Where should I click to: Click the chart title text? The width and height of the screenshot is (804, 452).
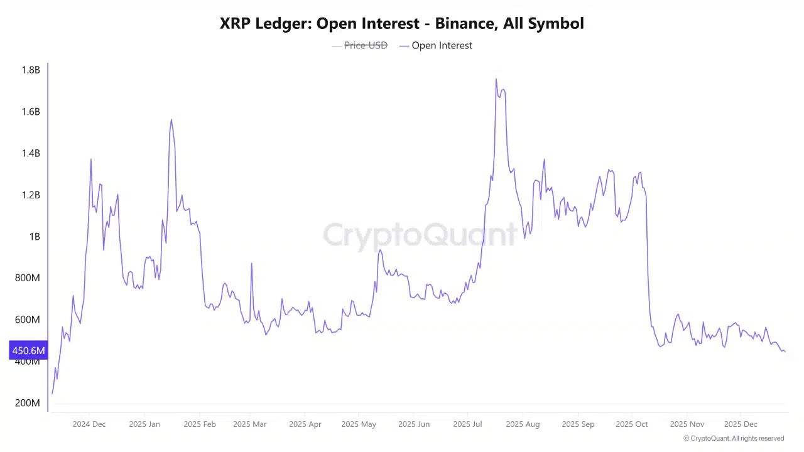(402, 24)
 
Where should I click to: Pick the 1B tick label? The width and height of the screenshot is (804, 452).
(34, 237)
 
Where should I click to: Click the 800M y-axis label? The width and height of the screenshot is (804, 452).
(28, 278)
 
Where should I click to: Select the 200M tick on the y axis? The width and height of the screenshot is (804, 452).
(28, 403)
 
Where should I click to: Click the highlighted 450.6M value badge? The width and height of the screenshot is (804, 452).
(28, 350)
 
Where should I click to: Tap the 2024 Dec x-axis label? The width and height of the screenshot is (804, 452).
(89, 424)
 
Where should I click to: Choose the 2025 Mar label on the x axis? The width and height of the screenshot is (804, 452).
(250, 424)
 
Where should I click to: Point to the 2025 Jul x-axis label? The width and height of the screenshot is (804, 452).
(468, 424)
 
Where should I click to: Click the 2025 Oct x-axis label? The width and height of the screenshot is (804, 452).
(632, 424)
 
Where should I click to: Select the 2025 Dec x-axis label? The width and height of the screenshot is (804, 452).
(741, 424)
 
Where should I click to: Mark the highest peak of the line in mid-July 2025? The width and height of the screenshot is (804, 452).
(496, 79)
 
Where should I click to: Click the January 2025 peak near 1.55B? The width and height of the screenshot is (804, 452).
(171, 120)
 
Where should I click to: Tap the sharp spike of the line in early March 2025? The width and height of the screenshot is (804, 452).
(252, 264)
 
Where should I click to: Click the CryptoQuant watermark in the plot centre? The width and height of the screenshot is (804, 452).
(420, 235)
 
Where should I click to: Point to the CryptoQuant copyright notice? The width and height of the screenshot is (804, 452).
(734, 439)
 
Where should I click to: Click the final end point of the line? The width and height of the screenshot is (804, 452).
(785, 352)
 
